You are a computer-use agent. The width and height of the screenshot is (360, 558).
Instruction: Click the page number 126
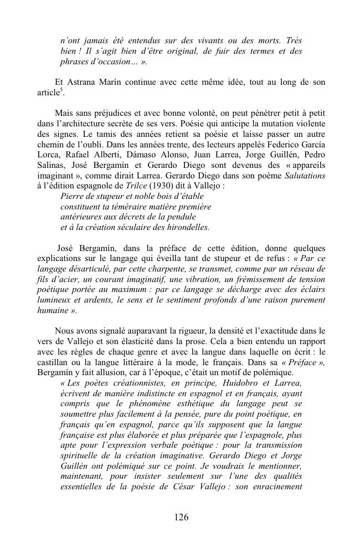click(181, 518)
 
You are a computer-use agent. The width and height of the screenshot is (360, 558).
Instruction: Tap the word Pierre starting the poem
click(73, 196)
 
